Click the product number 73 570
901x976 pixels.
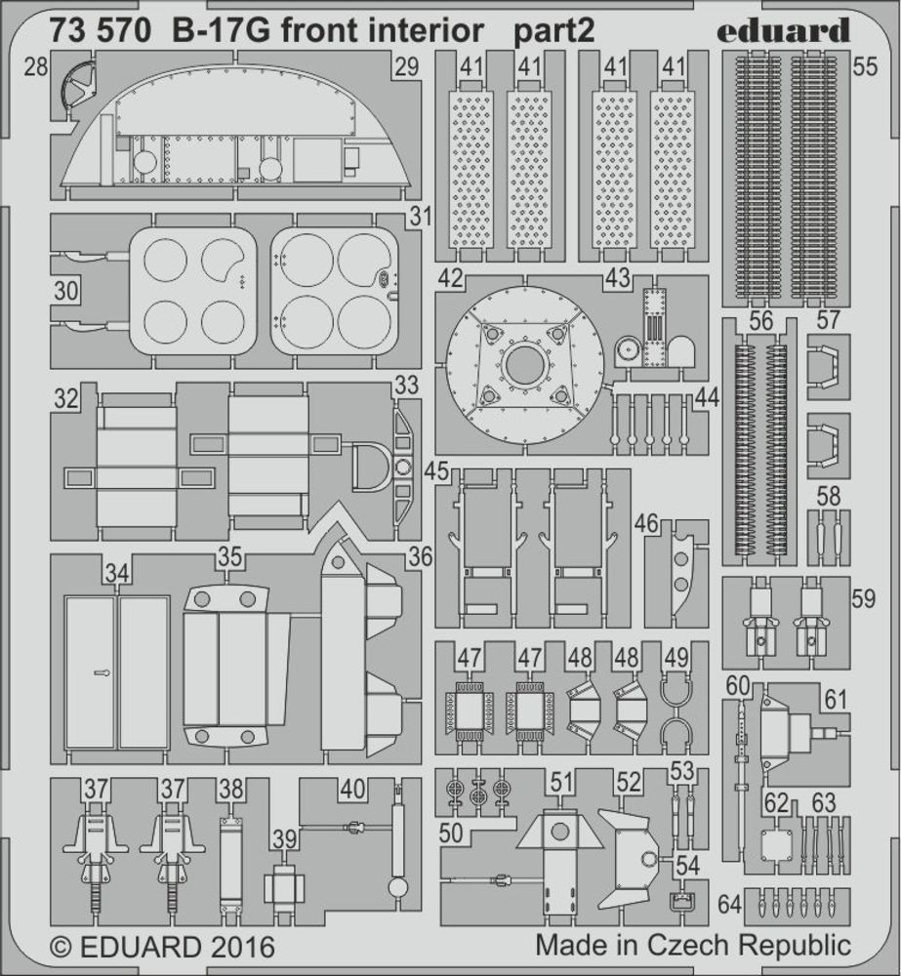(101, 31)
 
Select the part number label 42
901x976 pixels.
(450, 278)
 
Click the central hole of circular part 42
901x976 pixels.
(524, 363)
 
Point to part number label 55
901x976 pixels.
(865, 66)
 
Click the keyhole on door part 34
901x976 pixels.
(102, 672)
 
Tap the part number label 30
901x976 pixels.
(65, 291)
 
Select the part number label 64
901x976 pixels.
(730, 904)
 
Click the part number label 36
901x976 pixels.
(421, 556)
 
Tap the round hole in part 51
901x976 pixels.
(559, 831)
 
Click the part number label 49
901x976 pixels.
(676, 658)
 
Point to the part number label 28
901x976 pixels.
(35, 66)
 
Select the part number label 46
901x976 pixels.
(647, 523)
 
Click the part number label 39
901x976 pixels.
(285, 839)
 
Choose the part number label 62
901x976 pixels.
(776, 803)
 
